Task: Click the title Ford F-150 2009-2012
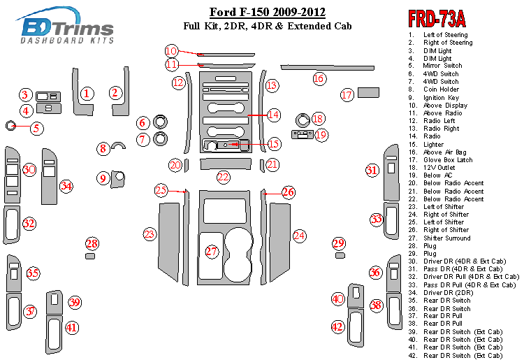coord(268,13)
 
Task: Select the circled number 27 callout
coord(212,251)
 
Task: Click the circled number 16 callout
coord(319,78)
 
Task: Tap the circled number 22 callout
coord(223,178)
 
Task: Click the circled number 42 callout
coord(338,326)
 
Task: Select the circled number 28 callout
coord(92,243)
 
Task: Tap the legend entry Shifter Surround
coord(446,238)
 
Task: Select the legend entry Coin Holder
coord(441,89)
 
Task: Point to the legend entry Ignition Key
coord(441,97)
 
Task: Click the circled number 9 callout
coord(103,179)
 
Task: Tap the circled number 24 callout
coord(299,236)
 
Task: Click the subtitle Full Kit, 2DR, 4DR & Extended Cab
coord(268,27)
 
